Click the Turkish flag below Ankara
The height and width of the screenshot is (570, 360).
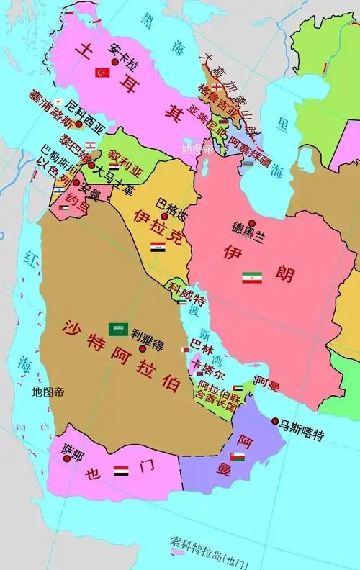tap(102, 73)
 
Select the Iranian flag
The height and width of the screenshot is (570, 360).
tap(251, 277)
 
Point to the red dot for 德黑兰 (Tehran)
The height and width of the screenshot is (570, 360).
tap(251, 224)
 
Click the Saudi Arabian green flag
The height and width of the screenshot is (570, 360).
tap(118, 329)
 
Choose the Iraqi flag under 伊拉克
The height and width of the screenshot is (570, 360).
tap(158, 247)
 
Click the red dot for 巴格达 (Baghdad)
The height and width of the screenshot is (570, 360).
tap(164, 215)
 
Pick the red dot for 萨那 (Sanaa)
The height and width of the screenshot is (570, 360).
tap(68, 458)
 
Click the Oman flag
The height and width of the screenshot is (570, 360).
tap(237, 457)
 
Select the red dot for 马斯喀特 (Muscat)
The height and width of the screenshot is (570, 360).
tap(275, 420)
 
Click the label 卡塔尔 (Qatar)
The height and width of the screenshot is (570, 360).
tap(208, 375)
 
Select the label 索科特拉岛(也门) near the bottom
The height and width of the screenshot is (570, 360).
tap(210, 541)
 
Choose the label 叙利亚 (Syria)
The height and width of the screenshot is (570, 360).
tap(127, 155)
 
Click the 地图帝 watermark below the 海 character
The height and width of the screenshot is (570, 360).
tap(48, 392)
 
